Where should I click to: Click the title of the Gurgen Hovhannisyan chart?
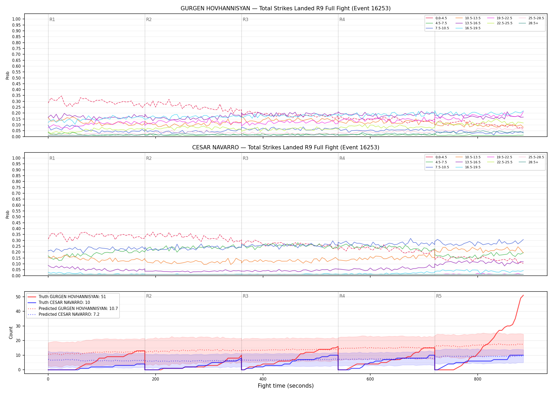click(x=285, y=8)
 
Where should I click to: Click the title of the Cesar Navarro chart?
click(x=285, y=147)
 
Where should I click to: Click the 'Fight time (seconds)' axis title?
click(x=286, y=386)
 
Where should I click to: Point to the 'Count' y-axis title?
click(x=11, y=333)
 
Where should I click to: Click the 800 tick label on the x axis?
click(x=477, y=379)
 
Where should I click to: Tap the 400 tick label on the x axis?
click(x=263, y=379)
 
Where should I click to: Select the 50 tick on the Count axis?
click(x=18, y=297)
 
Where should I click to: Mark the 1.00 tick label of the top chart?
click(x=16, y=19)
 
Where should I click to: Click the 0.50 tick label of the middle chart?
click(x=16, y=217)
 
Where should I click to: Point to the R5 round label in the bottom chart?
click(x=439, y=296)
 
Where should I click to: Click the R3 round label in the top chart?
click(x=245, y=19)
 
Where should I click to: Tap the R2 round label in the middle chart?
click(x=149, y=158)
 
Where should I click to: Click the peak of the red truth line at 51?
click(x=523, y=295)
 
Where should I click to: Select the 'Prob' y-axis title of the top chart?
click(x=8, y=75)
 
